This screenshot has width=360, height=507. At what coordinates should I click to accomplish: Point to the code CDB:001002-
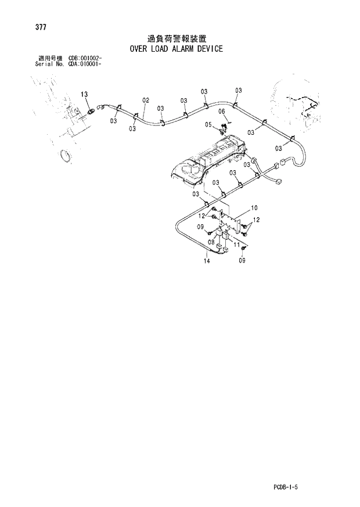coord(85,59)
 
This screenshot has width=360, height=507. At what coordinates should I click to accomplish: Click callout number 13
coord(84,94)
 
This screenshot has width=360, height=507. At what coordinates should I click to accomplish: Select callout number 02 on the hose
coord(146,100)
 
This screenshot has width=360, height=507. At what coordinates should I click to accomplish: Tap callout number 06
coord(221,111)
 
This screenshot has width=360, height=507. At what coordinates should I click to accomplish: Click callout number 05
coord(208,124)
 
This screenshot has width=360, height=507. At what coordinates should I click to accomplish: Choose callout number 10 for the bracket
coord(254,207)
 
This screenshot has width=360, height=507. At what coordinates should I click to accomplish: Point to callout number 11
coord(236,246)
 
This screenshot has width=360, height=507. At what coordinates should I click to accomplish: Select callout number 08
coord(211,242)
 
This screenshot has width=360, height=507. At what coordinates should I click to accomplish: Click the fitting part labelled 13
coord(92,109)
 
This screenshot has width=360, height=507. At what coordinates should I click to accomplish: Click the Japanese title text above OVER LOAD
coord(177,39)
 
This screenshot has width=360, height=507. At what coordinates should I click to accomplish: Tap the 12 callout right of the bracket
coord(256,220)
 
